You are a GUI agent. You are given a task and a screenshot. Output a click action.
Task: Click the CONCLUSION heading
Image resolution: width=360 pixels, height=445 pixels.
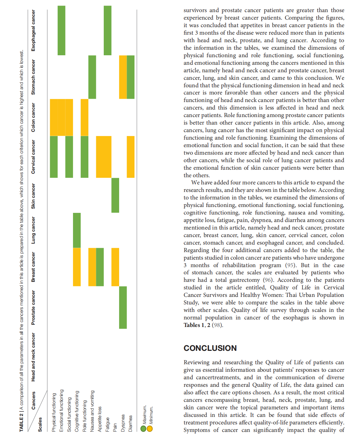point(210,348)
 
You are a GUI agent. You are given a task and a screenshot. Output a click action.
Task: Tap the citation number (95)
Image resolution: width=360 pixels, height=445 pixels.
point(290,265)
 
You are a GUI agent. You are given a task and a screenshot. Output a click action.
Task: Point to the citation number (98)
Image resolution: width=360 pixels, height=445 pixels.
point(217,325)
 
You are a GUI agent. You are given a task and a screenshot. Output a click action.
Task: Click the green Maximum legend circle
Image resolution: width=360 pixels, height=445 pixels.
point(143,428)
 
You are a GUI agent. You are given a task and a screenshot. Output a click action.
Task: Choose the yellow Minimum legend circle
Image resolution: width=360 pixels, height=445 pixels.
point(150,428)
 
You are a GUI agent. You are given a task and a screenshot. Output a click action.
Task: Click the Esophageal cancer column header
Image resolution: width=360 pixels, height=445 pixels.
point(33,30)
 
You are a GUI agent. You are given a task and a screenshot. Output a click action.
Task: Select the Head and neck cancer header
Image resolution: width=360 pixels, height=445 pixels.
point(33,357)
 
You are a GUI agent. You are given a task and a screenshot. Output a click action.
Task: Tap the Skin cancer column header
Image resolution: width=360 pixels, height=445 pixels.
point(33,196)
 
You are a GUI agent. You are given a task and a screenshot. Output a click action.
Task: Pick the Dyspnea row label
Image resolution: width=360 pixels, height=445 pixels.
point(123,423)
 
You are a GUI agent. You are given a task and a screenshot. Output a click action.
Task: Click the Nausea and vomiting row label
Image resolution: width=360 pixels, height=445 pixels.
point(92,411)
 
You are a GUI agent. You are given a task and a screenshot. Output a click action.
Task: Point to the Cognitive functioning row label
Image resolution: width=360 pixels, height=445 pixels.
point(77,411)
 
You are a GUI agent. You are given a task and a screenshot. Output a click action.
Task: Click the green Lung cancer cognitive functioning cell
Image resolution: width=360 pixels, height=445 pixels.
point(77,230)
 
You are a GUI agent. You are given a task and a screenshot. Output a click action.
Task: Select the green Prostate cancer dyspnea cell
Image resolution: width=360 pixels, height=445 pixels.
point(123,307)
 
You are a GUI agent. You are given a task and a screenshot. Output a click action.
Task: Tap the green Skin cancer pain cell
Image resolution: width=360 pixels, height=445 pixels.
point(115,195)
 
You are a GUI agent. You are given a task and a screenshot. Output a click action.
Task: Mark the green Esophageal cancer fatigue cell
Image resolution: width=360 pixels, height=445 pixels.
point(108,30)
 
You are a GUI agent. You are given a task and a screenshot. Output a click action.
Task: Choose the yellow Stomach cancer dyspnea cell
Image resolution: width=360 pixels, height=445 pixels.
point(123,77)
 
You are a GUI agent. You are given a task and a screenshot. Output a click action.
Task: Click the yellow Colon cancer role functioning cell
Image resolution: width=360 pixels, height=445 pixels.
point(84,117)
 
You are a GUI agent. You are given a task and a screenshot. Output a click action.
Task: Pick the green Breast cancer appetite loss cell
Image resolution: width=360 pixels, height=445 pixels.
point(100,267)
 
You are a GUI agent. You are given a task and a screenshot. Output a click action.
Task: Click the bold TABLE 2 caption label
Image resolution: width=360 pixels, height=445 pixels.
point(22,422)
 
